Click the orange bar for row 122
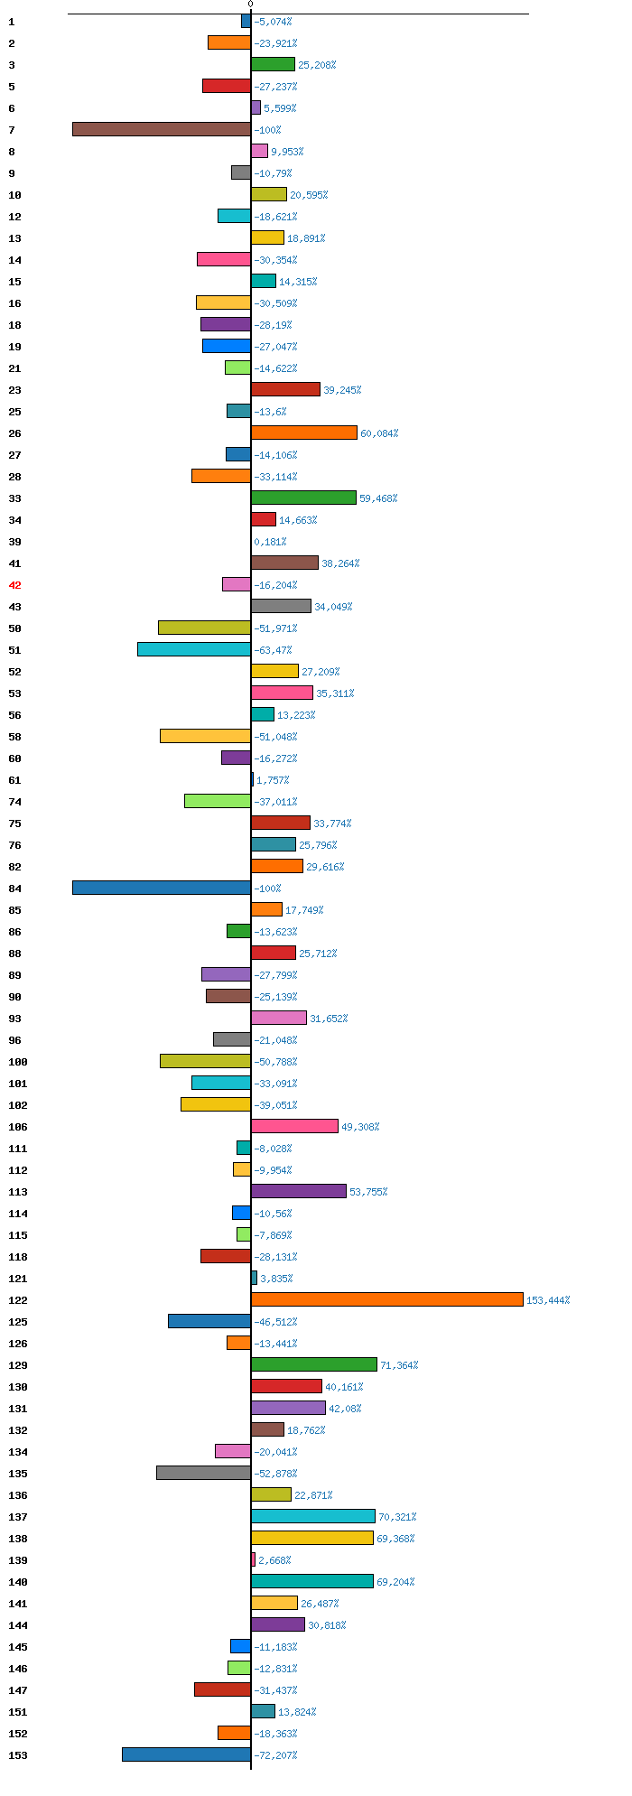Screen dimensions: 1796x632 pos(387,1299)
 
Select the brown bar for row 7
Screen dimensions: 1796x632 pos(162,129)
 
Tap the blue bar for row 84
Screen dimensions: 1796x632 pos(162,888)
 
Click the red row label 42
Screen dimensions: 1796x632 pos(14,585)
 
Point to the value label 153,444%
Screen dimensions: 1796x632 pos(548,1300)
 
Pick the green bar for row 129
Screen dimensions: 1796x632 pos(314,1364)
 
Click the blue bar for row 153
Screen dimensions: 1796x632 pos(187,1754)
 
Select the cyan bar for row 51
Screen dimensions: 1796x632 pos(194,649)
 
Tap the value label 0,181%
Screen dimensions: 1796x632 pos(270,542)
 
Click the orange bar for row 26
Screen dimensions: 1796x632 pos(304,433)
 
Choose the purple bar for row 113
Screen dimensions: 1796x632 pos(299,1191)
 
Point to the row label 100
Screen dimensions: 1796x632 pos(18,1062)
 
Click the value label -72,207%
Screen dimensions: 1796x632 pos(275,1755)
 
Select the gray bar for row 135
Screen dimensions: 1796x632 pos(204,1473)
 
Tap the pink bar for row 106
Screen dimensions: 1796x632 pos(295,1126)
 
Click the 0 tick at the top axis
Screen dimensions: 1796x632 pos(250,5)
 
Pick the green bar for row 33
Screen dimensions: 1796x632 pos(304,498)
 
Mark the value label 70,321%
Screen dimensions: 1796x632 pos(397,1517)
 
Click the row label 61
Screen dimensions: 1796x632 pos(14,780)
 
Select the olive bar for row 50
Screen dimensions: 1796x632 pos(205,628)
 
